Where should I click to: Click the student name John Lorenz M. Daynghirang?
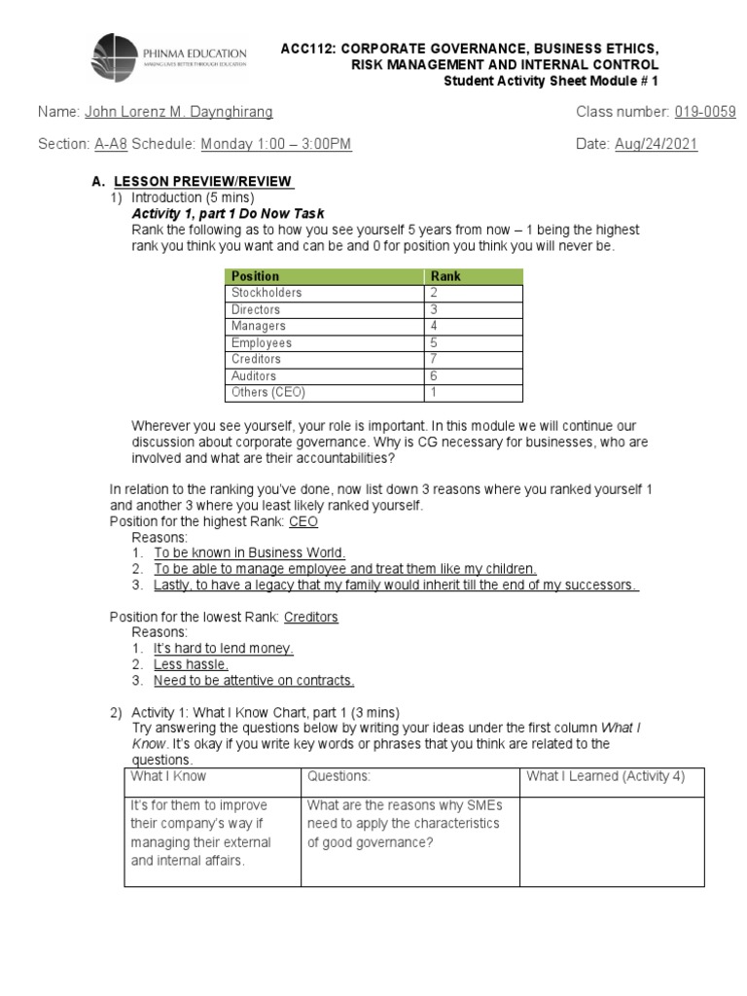coord(179,112)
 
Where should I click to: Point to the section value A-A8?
coord(111,145)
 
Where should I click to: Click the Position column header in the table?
coord(256,276)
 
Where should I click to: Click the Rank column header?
coord(446,276)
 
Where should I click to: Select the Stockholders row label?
coord(267,293)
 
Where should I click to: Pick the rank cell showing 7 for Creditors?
coord(435,359)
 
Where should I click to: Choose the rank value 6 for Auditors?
coord(435,376)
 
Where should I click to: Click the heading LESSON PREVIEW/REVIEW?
coord(203,182)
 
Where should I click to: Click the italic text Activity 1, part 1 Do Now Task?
coord(228,213)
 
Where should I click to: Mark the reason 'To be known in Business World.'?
coord(250,552)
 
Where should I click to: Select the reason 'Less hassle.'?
coord(191,664)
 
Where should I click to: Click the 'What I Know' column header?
coord(169,776)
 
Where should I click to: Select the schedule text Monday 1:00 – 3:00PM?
coord(276,145)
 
